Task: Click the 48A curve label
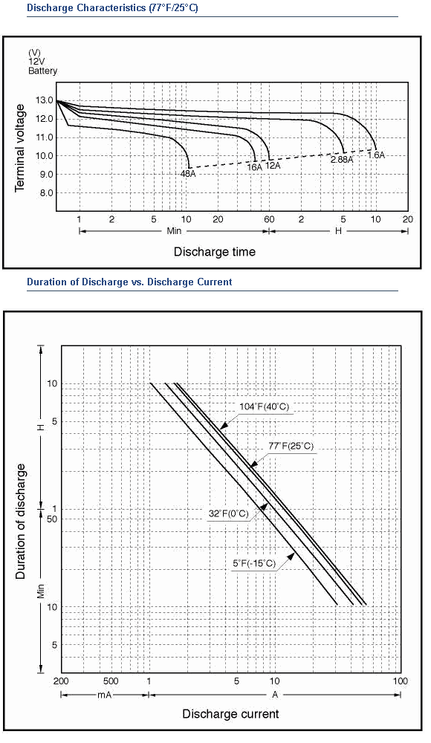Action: pyautogui.click(x=188, y=173)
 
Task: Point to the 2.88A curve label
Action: pyautogui.click(x=342, y=160)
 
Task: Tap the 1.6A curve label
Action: pyautogui.click(x=375, y=155)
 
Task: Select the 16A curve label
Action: pyautogui.click(x=255, y=166)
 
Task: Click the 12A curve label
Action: pyautogui.click(x=273, y=166)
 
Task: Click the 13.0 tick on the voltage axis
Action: pyautogui.click(x=43, y=100)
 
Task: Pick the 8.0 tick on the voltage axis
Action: pyautogui.click(x=45, y=193)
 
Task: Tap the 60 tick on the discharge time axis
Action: pyautogui.click(x=269, y=219)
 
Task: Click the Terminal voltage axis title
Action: pyautogui.click(x=19, y=149)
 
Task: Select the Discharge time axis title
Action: pyautogui.click(x=214, y=252)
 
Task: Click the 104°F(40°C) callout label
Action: pyautogui.click(x=265, y=406)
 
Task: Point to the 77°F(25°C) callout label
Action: pyautogui.click(x=291, y=447)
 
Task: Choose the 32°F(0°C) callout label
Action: pyautogui.click(x=228, y=513)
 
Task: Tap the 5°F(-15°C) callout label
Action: pyautogui.click(x=253, y=563)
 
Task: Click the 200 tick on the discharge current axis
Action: pyautogui.click(x=61, y=681)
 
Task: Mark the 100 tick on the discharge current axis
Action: pyautogui.click(x=401, y=681)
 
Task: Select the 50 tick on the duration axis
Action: pyautogui.click(x=52, y=519)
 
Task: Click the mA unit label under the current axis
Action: pyautogui.click(x=104, y=695)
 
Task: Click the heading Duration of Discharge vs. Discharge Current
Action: pyautogui.click(x=129, y=282)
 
